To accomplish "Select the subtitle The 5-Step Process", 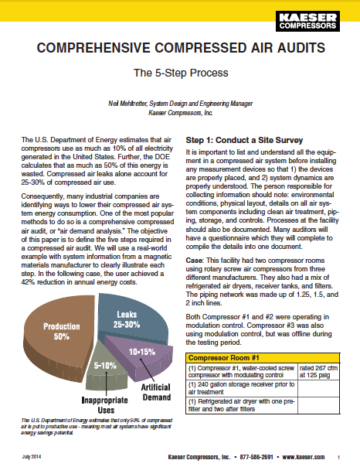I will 179,75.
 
